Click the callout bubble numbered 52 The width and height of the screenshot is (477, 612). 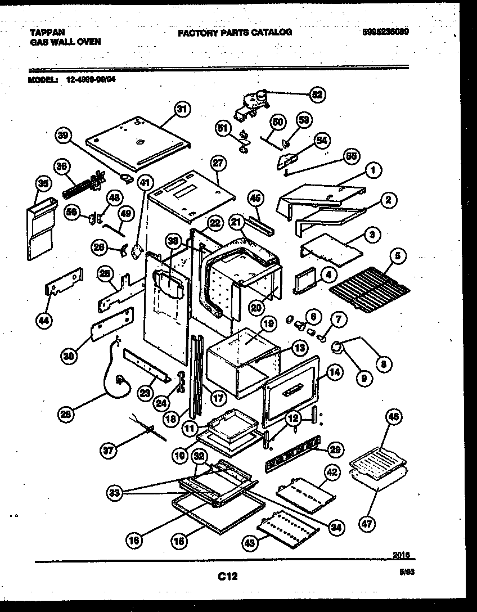point(317,94)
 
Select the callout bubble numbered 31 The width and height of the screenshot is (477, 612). point(181,110)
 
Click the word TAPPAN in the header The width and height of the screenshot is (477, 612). point(44,33)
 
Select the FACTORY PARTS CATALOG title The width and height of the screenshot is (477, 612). point(235,33)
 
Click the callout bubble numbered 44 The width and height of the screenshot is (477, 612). point(44,320)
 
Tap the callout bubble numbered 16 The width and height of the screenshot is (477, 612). point(132,541)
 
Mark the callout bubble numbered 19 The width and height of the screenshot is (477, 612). point(268,324)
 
